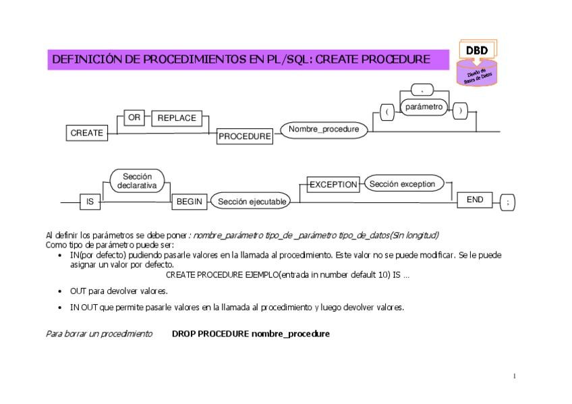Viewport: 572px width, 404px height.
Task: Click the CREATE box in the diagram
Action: pos(87,133)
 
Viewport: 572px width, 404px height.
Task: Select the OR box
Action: pos(134,118)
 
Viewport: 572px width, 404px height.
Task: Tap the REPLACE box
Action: pos(177,118)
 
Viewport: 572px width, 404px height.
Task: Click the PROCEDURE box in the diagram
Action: pos(244,137)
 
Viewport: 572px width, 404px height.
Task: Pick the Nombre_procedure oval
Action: pos(324,129)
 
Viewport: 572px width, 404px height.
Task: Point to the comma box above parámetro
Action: pos(422,88)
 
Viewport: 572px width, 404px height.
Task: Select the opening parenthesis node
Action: pos(387,112)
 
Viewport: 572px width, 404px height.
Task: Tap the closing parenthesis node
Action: pos(460,111)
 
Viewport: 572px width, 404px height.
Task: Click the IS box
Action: pos(89,201)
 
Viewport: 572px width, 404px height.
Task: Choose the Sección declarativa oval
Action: pos(137,180)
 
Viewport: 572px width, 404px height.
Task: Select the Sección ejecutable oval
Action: pos(252,201)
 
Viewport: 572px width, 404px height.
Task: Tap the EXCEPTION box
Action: pos(333,184)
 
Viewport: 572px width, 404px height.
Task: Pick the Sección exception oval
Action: pos(403,183)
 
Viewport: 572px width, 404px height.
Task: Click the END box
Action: pos(475,200)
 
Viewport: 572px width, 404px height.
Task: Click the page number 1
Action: pos(514,376)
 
